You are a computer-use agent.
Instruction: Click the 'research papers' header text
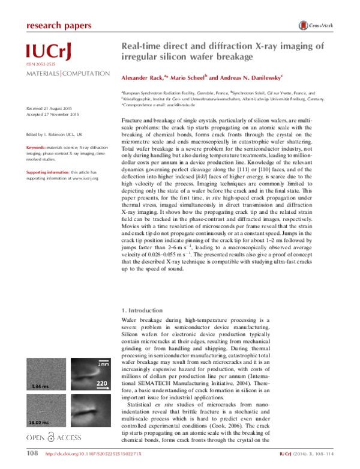[x=59, y=25]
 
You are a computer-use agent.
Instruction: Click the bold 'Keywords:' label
[x=37, y=148]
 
